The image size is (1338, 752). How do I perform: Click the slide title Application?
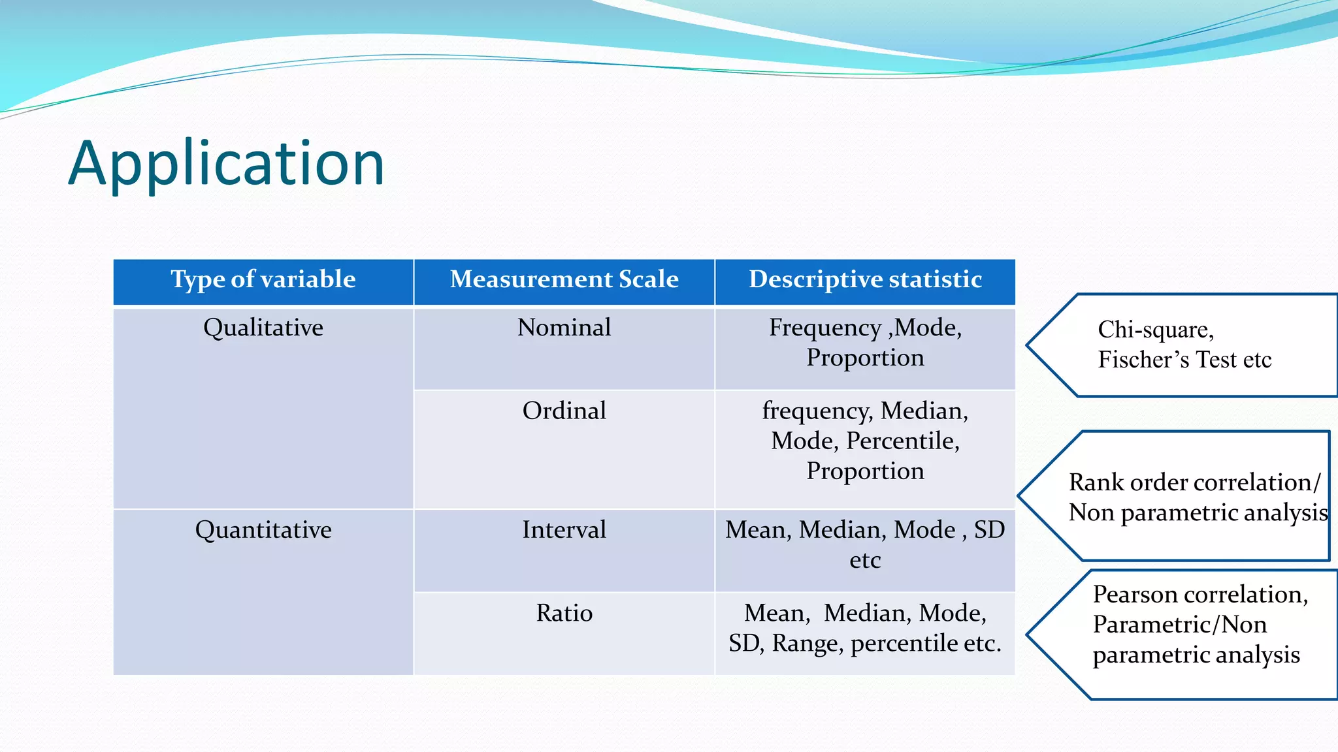[227, 163]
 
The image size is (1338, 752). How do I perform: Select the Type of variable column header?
[263, 279]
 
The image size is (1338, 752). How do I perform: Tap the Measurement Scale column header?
[564, 279]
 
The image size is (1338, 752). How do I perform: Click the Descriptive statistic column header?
[865, 279]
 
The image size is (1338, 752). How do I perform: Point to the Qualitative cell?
[263, 328]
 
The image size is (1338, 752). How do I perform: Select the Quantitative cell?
[263, 530]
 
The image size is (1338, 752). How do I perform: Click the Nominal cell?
[564, 328]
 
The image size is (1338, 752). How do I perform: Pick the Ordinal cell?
[564, 411]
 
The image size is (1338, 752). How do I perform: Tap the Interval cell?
[564, 530]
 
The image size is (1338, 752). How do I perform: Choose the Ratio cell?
[564, 614]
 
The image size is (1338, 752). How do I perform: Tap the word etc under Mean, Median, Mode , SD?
[865, 561]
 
